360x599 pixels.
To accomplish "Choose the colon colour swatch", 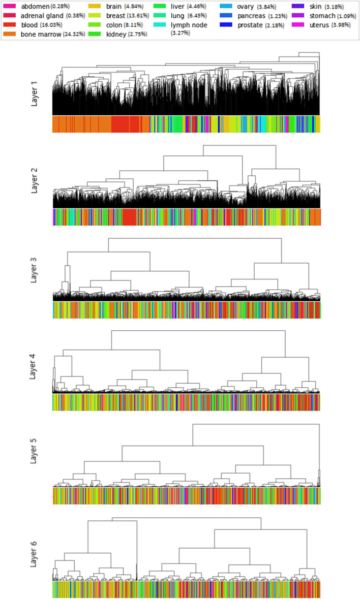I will click(x=95, y=24).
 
